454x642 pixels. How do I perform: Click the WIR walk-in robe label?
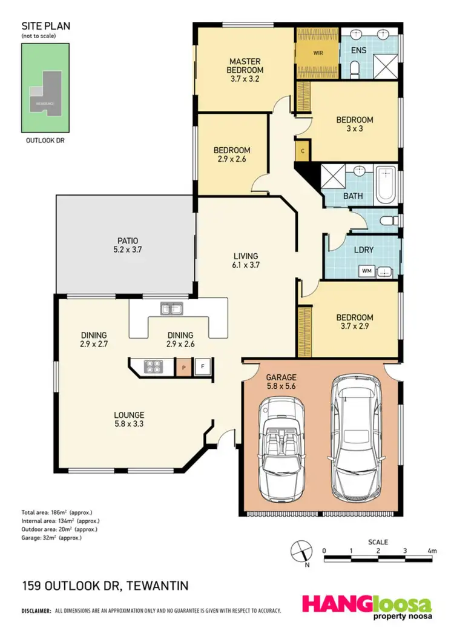coord(318,53)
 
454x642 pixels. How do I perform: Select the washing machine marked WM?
coord(367,271)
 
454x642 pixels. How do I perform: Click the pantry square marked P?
coord(183,367)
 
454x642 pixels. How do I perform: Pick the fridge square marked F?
coord(202,367)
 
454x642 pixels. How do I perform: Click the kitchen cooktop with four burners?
coord(151,367)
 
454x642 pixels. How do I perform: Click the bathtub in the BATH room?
coord(385,184)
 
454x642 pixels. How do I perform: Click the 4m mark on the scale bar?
coord(431,551)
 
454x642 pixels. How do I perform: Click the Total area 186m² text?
coord(58,512)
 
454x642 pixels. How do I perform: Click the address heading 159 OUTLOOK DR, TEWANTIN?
coord(105,586)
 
